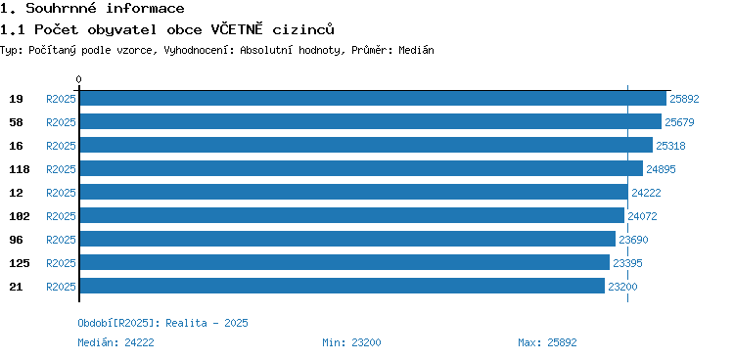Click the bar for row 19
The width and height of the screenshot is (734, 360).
coord(373,98)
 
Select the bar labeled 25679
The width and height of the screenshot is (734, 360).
coord(371,121)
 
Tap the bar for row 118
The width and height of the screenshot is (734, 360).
coord(361,168)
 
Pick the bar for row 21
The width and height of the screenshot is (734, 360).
coord(343,286)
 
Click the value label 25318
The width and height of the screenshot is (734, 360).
coord(670,146)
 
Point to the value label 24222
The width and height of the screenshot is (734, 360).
coord(646,193)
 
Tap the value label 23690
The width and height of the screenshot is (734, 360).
coord(633,240)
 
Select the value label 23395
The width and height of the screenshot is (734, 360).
coord(627,263)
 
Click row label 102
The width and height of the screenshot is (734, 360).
coord(20,216)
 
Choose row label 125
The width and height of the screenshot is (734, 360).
coord(20,263)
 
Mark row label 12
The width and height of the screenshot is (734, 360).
coord(16,193)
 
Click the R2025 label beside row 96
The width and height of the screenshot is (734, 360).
coord(61,240)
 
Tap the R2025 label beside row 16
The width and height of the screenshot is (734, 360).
coord(61,146)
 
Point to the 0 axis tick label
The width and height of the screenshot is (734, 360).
coord(78,79)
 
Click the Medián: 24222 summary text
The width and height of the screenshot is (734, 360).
coord(115,342)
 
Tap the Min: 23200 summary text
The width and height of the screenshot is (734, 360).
coord(351,342)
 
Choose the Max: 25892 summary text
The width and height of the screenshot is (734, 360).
coord(547,342)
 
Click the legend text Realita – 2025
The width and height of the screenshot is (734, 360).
coord(206,323)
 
